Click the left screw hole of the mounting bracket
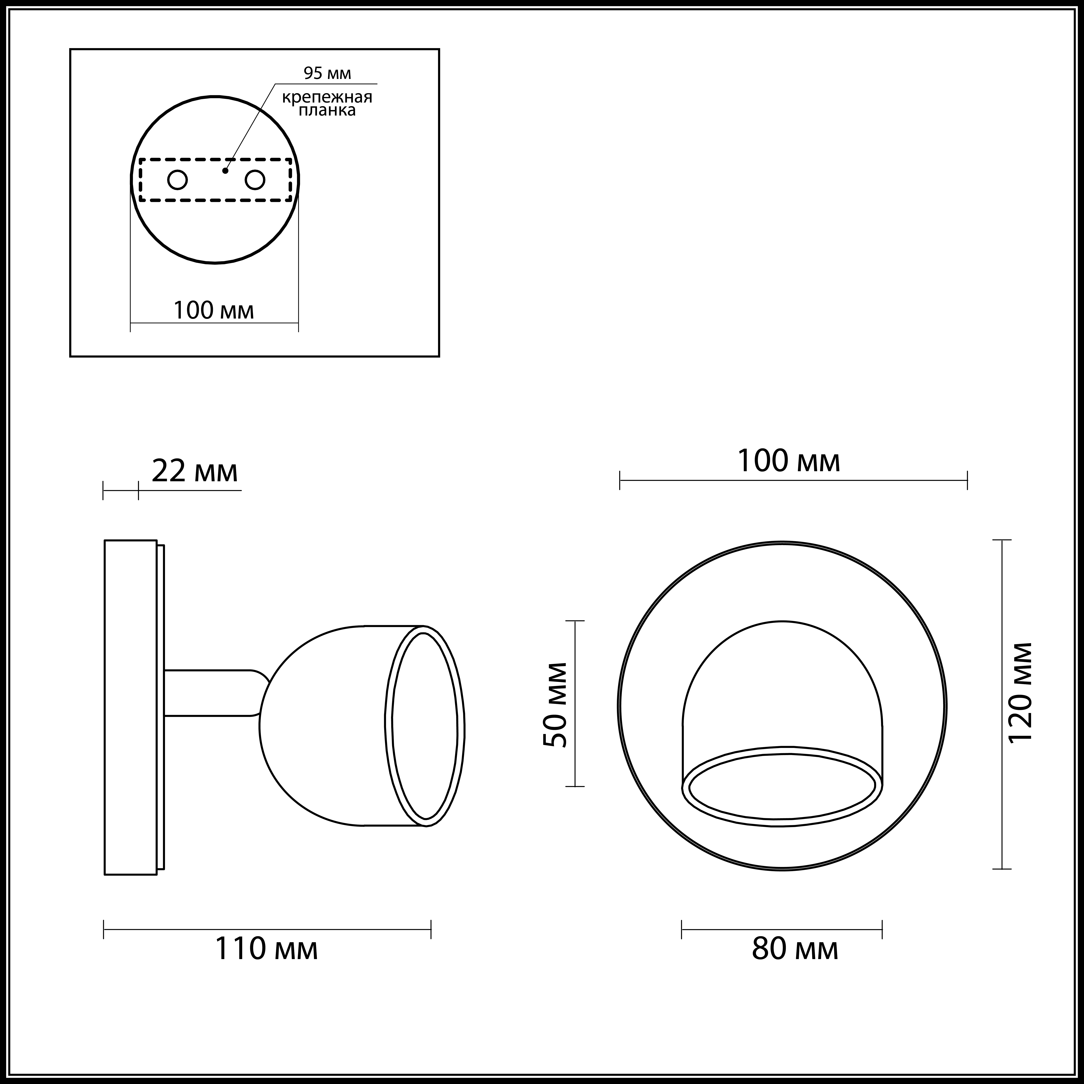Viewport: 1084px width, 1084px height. (x=177, y=180)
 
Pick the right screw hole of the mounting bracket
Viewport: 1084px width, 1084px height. (x=255, y=180)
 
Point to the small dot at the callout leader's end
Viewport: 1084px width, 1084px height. (x=225, y=171)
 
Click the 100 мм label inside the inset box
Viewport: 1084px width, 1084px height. (x=214, y=310)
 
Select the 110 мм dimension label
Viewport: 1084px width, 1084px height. (x=266, y=948)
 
